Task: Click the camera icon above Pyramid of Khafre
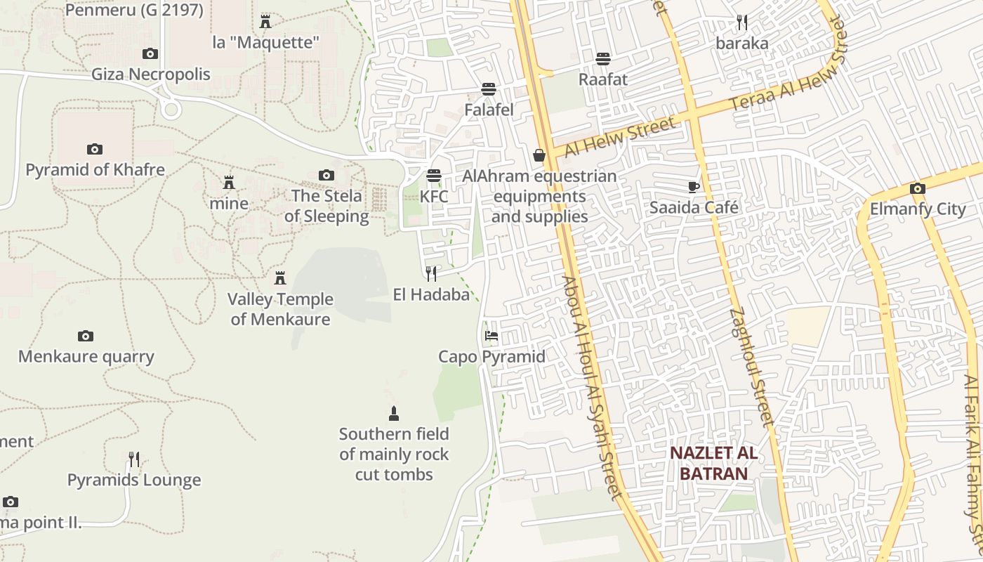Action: tap(94, 149)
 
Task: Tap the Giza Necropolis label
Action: tap(151, 74)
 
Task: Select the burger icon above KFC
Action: tap(434, 176)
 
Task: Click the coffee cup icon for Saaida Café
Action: tap(694, 187)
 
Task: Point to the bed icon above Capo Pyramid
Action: tap(491, 336)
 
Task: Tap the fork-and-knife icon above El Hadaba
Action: tap(431, 273)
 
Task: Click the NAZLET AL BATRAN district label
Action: tap(713, 463)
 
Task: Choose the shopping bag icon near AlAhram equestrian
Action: tap(539, 155)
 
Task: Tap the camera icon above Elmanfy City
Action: tap(917, 188)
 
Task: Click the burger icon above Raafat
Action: tap(603, 58)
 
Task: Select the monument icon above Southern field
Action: tap(394, 414)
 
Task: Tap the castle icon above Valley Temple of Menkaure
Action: tap(280, 278)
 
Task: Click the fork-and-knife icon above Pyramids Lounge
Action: tap(133, 459)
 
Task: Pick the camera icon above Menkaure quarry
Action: tap(86, 336)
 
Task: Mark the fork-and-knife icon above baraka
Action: tap(742, 22)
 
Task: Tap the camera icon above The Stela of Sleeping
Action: tap(326, 175)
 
